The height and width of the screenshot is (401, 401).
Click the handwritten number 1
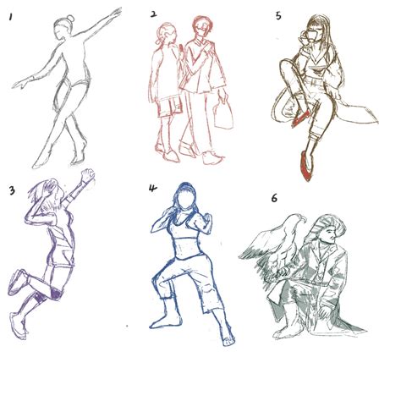(11, 17)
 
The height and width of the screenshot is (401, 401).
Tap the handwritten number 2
(153, 14)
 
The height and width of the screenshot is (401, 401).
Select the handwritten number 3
(12, 190)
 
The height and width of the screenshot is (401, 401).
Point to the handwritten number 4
(152, 188)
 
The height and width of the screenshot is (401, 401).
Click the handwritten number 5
(278, 16)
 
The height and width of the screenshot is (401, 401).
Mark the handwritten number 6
(274, 198)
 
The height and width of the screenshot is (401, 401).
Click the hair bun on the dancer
(70, 19)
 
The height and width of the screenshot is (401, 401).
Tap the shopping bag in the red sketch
(223, 114)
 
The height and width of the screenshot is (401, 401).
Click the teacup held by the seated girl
(310, 37)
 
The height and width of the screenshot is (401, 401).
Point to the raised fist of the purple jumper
(88, 175)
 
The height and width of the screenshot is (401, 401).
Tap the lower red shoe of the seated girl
(306, 167)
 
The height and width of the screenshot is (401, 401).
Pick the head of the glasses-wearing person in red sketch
(202, 26)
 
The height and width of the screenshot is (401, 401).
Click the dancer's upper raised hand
(117, 13)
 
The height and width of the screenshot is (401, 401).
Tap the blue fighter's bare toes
(228, 342)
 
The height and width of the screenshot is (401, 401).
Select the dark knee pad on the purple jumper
(54, 294)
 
